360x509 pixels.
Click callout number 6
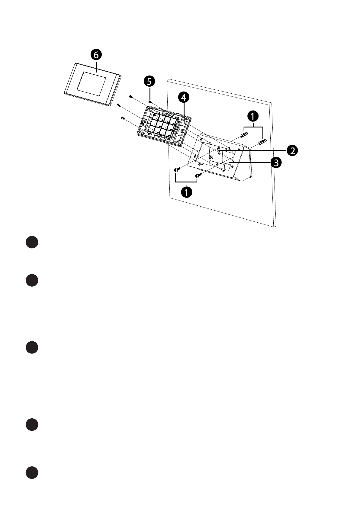click(x=96, y=55)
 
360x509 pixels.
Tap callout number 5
click(x=149, y=81)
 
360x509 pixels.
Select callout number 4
click(x=184, y=98)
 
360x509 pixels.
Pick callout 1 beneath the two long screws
click(x=186, y=192)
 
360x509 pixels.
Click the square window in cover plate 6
click(x=92, y=82)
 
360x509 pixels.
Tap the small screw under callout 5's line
click(x=150, y=102)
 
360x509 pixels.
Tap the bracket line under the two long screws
click(x=186, y=182)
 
